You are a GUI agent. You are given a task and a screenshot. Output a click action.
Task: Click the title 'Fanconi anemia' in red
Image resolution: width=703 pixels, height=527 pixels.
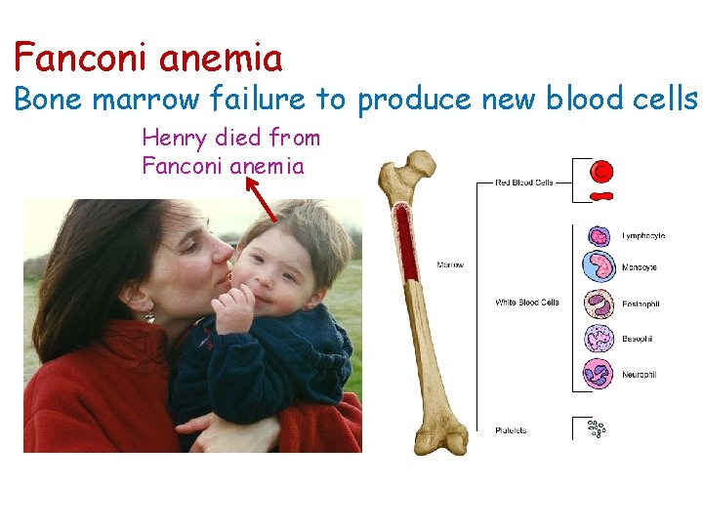pyautogui.click(x=147, y=59)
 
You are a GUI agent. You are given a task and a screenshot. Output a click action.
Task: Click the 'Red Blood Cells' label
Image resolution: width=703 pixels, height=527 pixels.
pyautogui.click(x=524, y=182)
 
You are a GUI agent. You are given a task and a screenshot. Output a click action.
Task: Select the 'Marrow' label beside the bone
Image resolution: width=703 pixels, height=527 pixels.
pyautogui.click(x=450, y=264)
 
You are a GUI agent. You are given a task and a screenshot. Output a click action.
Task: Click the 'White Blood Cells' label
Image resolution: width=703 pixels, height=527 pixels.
pyautogui.click(x=526, y=303)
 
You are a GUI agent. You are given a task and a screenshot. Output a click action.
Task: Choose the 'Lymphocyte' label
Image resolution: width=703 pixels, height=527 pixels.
pyautogui.click(x=643, y=236)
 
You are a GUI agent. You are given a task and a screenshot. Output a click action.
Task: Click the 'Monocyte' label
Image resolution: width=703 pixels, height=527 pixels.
pyautogui.click(x=640, y=267)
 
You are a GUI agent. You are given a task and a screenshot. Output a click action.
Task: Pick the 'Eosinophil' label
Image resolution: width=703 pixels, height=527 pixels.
pyautogui.click(x=641, y=304)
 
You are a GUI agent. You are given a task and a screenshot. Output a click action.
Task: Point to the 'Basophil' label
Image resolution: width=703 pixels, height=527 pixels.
pyautogui.click(x=638, y=339)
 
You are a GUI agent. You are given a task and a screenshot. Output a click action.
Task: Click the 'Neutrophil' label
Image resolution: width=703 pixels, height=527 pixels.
pyautogui.click(x=640, y=374)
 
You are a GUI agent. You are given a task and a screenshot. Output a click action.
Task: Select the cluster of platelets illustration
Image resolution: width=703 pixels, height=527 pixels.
pyautogui.click(x=595, y=427)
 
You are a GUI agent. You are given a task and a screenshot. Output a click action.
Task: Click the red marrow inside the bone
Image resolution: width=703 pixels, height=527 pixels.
pyautogui.click(x=404, y=244)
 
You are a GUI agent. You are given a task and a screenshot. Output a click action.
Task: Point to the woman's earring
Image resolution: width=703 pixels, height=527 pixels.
pyautogui.click(x=149, y=314)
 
